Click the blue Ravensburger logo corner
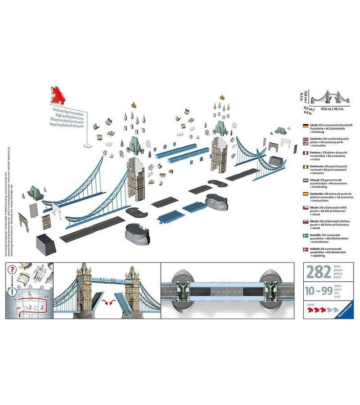coord(345,313)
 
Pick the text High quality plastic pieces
coord(67,116)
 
